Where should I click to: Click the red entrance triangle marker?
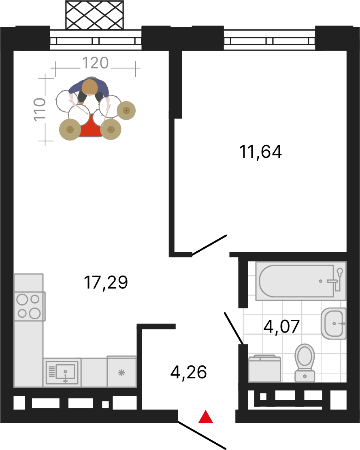(206, 418)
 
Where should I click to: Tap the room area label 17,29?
(106, 282)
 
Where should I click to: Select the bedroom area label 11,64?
(260, 152)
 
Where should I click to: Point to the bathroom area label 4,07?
(281, 327)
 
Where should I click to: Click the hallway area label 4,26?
(189, 372)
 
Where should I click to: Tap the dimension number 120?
(95, 63)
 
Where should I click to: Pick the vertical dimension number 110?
(40, 109)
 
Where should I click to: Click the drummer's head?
(90, 87)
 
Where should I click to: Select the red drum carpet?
(90, 126)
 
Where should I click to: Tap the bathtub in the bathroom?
(301, 281)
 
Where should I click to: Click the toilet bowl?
(305, 363)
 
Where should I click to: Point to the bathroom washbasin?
(334, 323)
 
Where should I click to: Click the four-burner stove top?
(30, 306)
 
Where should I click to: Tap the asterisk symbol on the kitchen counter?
(122, 373)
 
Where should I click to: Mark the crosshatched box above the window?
(94, 15)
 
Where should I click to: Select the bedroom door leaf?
(210, 245)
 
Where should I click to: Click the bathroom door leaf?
(234, 328)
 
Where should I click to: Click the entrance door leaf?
(202, 435)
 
